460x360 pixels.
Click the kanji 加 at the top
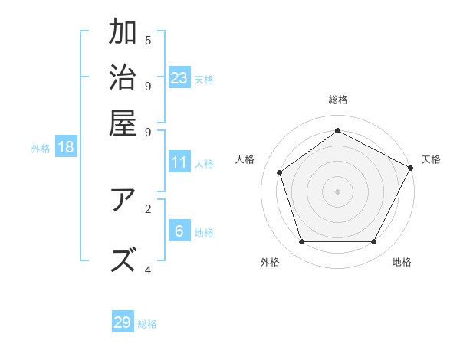[123, 33]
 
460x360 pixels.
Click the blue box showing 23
[179, 78]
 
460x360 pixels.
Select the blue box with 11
[179, 162]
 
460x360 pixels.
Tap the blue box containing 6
[179, 231]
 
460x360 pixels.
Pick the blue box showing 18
[66, 147]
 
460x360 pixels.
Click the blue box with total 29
[123, 322]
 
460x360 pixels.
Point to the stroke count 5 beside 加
[148, 40]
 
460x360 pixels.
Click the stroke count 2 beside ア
[148, 208]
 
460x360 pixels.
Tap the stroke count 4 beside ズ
[148, 270]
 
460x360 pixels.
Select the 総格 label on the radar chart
[338, 100]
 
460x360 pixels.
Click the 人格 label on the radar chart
[245, 159]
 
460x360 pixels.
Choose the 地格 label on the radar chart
[402, 262]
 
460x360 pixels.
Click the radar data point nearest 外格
[302, 241]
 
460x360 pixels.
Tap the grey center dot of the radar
[338, 191]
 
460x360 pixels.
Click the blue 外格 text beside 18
[41, 149]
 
